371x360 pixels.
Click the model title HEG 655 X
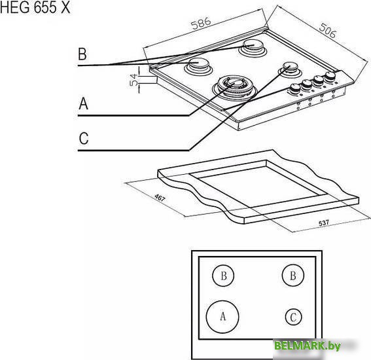pyautogui.click(x=35, y=8)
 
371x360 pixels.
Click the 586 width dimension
pyautogui.click(x=201, y=23)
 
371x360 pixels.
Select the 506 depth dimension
pyautogui.click(x=328, y=31)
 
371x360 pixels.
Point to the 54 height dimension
pyautogui.click(x=134, y=79)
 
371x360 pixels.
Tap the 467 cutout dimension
pyautogui.click(x=160, y=198)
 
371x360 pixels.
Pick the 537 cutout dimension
pyautogui.click(x=324, y=223)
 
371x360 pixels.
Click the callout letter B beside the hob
pyautogui.click(x=82, y=54)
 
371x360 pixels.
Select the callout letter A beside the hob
pyautogui.click(x=83, y=103)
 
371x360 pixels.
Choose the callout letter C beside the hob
pyautogui.click(x=84, y=138)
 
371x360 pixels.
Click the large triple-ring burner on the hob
pyautogui.click(x=234, y=88)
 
